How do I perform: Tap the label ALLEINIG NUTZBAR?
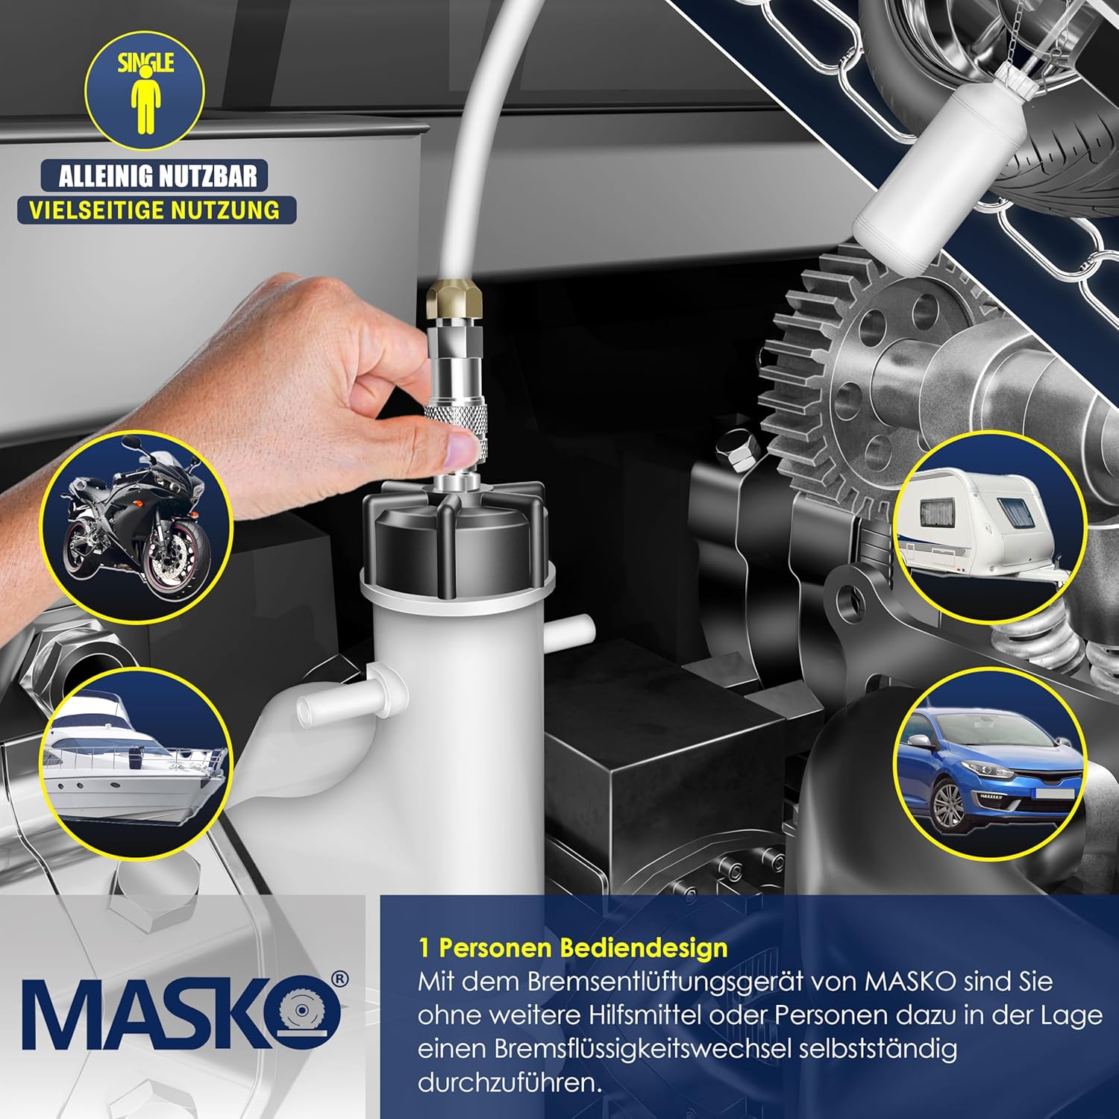point(157,176)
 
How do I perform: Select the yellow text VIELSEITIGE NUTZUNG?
point(154,210)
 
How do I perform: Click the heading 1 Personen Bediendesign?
point(573,947)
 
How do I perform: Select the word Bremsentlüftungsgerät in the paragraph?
point(693,982)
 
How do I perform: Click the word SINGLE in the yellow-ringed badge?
point(145,63)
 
